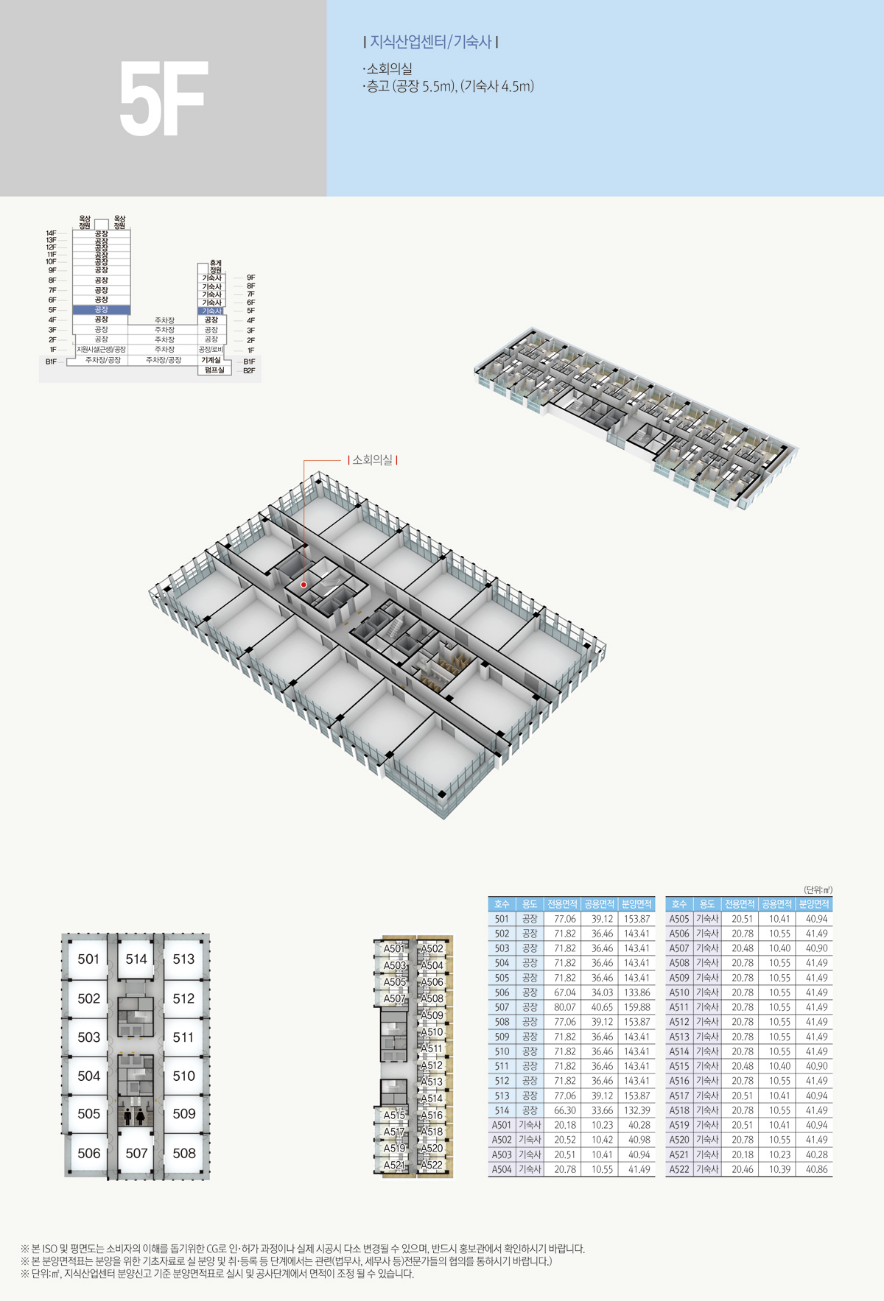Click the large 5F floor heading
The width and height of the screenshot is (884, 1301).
pos(163,99)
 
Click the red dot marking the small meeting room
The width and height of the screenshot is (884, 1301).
pos(304,585)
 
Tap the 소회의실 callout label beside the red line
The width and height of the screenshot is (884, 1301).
pos(373,460)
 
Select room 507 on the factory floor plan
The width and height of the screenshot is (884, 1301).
pos(136,1153)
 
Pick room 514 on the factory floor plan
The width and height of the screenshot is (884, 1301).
pos(136,959)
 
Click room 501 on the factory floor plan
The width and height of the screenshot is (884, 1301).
pos(88,959)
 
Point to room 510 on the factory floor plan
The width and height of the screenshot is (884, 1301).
pos(183,1076)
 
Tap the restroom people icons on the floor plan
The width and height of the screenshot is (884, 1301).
pos(134,1116)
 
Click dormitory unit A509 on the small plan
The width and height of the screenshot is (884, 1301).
pos(432,1015)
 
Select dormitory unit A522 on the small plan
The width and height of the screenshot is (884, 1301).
pos(432,1165)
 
